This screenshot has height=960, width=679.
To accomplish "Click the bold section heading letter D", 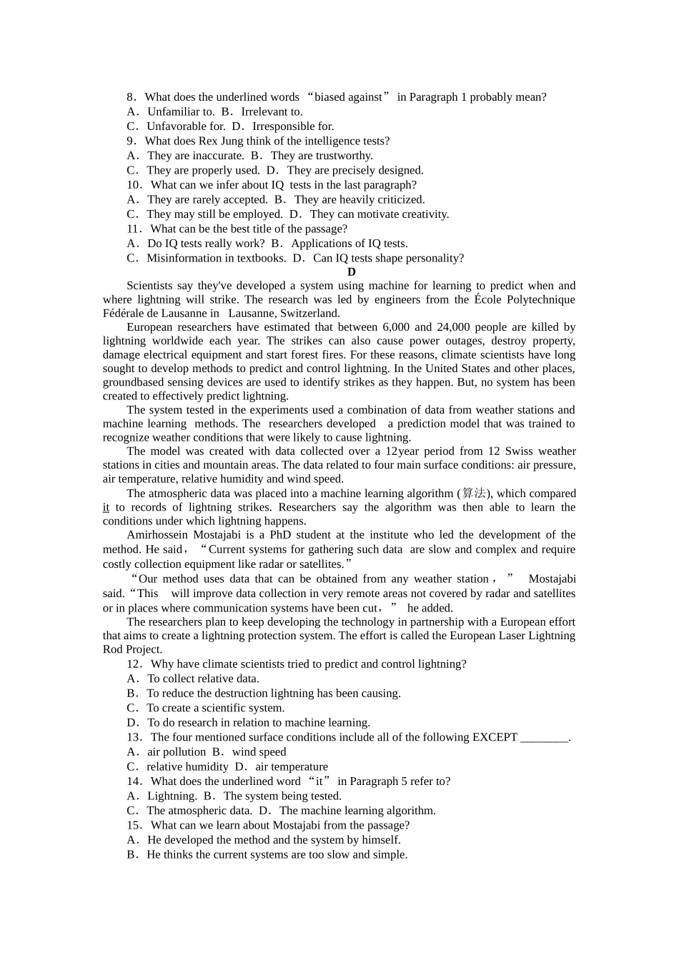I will pyautogui.click(x=351, y=272).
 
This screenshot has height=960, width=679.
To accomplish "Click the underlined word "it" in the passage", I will pyautogui.click(x=106, y=507).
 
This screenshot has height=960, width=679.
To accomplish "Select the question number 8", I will pyautogui.click(x=130, y=97).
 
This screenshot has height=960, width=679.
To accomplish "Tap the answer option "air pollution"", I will pyautogui.click(x=176, y=752).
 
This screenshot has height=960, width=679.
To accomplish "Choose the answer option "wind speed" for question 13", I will pyautogui.click(x=259, y=752).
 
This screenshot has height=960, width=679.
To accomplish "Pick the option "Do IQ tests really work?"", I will pyautogui.click(x=205, y=244).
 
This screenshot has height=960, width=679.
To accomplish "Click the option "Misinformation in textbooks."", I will pyautogui.click(x=216, y=259).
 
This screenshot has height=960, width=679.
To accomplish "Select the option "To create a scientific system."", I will pyautogui.click(x=215, y=708).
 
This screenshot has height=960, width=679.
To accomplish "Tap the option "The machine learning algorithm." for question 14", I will pyautogui.click(x=357, y=811).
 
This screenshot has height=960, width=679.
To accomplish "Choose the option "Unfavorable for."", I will pyautogui.click(x=186, y=126).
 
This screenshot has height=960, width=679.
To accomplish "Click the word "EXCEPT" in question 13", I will pyautogui.click(x=495, y=737).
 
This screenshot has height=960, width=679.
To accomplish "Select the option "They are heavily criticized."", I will pyautogui.click(x=359, y=200).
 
